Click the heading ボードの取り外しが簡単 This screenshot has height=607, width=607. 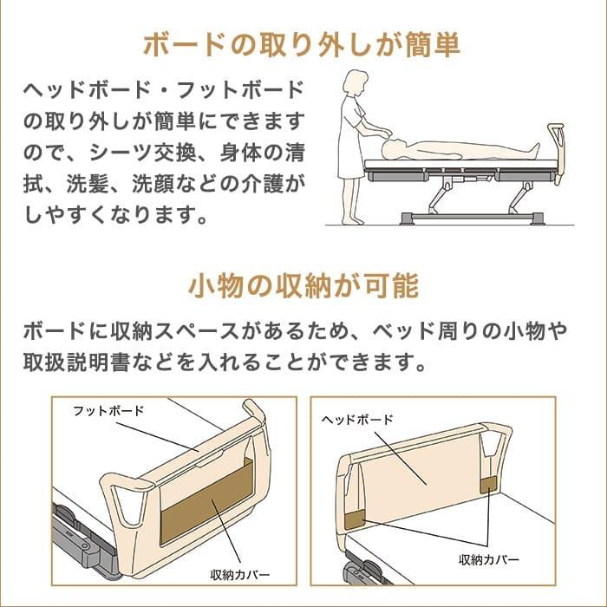303,45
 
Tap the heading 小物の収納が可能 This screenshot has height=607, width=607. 303,285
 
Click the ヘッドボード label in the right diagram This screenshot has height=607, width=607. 357,419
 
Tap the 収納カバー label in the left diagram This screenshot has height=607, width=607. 240,575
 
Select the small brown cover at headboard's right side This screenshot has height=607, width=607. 489,482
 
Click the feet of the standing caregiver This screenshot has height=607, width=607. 351,220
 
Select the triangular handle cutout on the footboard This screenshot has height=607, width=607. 125,504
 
